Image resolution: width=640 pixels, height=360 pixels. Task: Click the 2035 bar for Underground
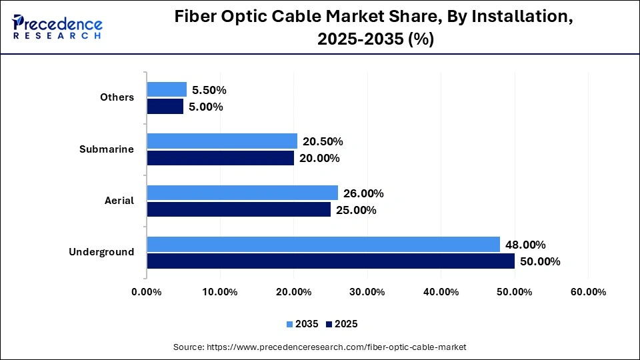(323, 245)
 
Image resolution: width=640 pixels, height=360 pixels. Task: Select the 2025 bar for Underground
(331, 261)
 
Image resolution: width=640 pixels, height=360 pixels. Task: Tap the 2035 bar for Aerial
(242, 193)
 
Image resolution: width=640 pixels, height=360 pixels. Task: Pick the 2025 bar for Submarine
(220, 158)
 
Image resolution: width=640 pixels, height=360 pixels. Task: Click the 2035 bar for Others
(167, 89)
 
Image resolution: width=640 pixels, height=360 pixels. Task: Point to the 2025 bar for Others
(165, 106)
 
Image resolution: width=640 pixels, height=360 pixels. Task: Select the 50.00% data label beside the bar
(539, 261)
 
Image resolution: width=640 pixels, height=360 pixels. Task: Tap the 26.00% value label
(363, 193)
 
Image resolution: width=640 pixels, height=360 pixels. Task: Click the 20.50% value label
(323, 141)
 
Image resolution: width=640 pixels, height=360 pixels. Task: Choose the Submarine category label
(107, 149)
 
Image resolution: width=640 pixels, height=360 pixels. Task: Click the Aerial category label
(120, 200)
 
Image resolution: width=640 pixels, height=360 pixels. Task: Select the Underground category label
(101, 251)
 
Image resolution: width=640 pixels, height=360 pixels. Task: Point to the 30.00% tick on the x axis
(367, 292)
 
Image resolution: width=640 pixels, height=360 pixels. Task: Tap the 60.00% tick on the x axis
(587, 292)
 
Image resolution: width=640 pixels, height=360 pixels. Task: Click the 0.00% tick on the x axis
(147, 292)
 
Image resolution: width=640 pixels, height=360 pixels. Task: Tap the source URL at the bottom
(319, 347)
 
